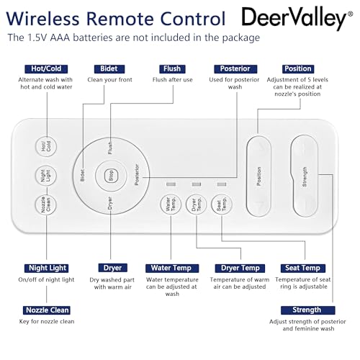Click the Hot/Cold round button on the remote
(x=46, y=146)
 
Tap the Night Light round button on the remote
(x=46, y=176)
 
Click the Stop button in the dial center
(x=111, y=176)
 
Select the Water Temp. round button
(x=171, y=204)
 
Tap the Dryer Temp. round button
(x=197, y=204)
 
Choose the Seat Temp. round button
(x=222, y=204)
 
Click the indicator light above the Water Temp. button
(x=171, y=184)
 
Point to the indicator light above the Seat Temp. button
(x=222, y=184)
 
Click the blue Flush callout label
(x=172, y=69)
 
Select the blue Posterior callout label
(x=235, y=69)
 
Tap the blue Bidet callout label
(x=109, y=69)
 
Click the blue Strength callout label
(x=307, y=310)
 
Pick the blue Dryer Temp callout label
(x=240, y=268)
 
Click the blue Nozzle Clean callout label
(x=47, y=310)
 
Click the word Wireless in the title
(x=42, y=19)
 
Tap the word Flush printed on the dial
(x=110, y=148)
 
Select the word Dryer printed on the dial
(x=110, y=203)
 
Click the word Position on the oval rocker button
(x=258, y=176)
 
